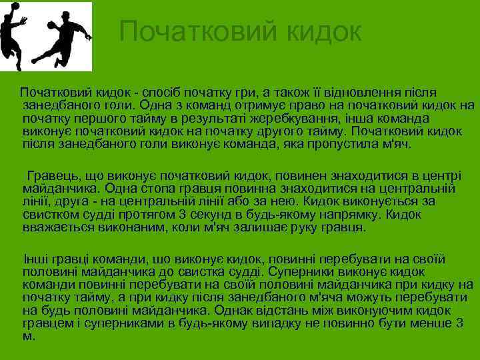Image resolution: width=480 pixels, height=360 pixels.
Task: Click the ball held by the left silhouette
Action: pos(15,7)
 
